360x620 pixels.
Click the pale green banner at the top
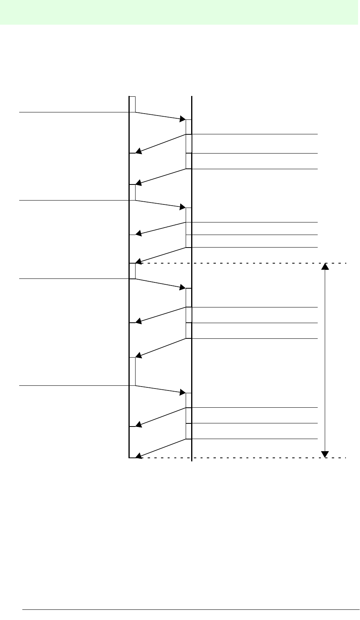[180, 12]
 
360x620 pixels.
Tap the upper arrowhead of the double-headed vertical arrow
[325, 266]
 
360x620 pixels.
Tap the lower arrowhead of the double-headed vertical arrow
[325, 454]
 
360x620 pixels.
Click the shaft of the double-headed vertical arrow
[325, 360]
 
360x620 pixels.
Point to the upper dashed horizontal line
[243, 263]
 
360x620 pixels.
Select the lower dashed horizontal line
[243, 457]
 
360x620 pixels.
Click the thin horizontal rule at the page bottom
[191, 609]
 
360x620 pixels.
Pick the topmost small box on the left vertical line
[132, 104]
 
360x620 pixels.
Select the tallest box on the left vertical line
[132, 371]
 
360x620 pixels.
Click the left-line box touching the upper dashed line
[132, 271]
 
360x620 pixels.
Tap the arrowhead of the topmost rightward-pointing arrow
[183, 119]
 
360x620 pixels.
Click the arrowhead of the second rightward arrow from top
[183, 207]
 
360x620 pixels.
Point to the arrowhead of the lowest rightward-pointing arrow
[183, 392]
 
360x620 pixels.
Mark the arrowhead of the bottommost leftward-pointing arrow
[138, 455]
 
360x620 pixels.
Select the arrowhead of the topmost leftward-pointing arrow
[138, 151]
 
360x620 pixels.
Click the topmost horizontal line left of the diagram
[74, 112]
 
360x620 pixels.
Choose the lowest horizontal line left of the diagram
[74, 386]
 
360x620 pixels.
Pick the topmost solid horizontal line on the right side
[255, 134]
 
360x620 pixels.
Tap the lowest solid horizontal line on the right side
[255, 439]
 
